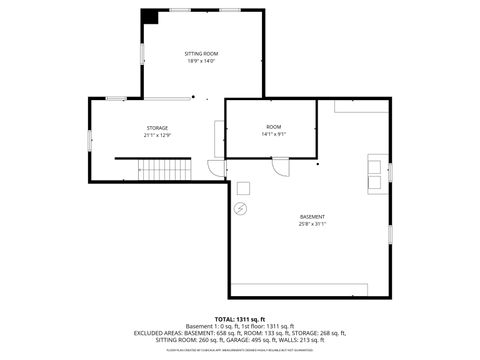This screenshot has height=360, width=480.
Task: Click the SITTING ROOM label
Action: (201, 53)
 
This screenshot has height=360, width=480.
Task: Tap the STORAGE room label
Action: (157, 128)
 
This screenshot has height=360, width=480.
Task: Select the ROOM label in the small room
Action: (273, 127)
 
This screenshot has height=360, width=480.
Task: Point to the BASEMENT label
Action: (312, 217)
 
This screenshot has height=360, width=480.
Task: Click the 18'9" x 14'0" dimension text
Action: (201, 61)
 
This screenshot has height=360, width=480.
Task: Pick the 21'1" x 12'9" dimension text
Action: (157, 135)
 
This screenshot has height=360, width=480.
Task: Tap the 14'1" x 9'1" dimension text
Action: (273, 134)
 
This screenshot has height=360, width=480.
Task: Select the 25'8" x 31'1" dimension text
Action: (312, 224)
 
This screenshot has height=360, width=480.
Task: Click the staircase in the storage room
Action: (162, 171)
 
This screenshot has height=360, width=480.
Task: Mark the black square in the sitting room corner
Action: (149, 17)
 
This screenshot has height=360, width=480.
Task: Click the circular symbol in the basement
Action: (240, 208)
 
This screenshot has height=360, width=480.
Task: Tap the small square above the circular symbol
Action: (243, 187)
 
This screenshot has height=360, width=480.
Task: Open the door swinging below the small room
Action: (281, 168)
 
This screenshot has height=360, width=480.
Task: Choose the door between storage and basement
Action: (212, 168)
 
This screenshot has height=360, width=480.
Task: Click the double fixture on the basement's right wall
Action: (378, 171)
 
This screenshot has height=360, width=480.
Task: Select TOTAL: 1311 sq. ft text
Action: (240, 318)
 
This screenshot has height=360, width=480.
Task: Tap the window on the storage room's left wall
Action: (90, 140)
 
